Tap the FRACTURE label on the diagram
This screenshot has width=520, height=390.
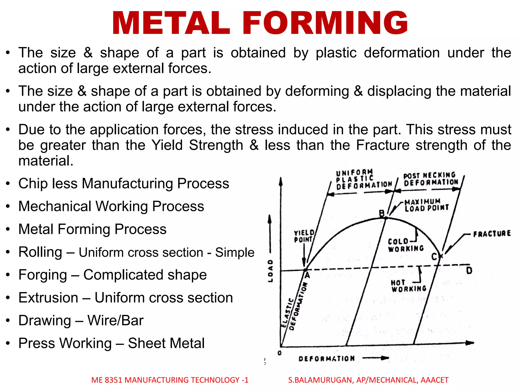(492, 234)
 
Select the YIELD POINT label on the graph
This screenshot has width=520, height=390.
(304, 236)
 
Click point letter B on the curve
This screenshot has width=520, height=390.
(382, 213)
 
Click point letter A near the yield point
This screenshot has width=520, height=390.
(307, 275)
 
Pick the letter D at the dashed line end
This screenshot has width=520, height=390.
(469, 271)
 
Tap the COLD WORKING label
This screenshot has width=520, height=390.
(405, 245)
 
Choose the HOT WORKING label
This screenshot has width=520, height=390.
(408, 286)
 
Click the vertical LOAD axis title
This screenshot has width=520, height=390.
(271, 271)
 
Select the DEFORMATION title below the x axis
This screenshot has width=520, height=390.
(327, 359)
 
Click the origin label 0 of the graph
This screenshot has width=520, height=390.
(280, 353)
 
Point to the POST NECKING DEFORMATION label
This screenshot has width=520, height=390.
(431, 179)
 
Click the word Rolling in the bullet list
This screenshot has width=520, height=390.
(40, 252)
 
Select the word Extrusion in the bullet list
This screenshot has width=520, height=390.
(48, 298)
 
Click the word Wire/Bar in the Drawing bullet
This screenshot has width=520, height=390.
(116, 320)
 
